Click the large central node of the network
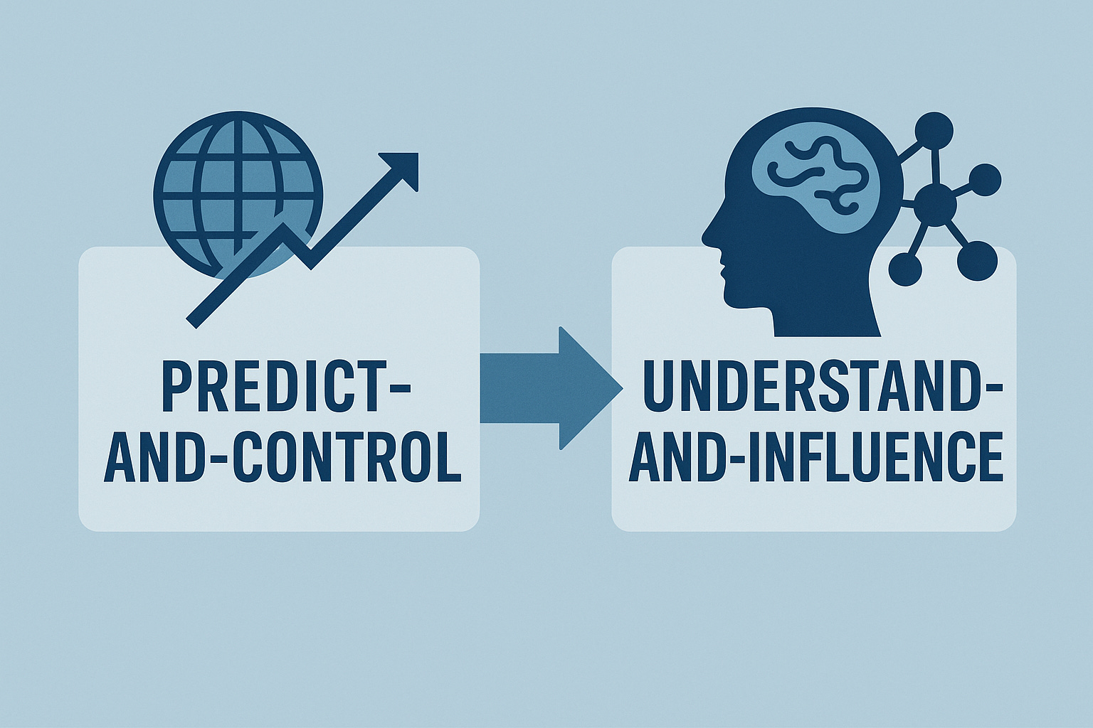[x=935, y=204]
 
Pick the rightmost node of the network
[x=986, y=179]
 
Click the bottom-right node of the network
[x=974, y=262]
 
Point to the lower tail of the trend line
[x=196, y=318]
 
